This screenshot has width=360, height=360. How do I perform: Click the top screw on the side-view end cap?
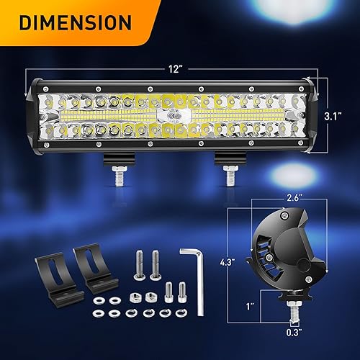287,215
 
